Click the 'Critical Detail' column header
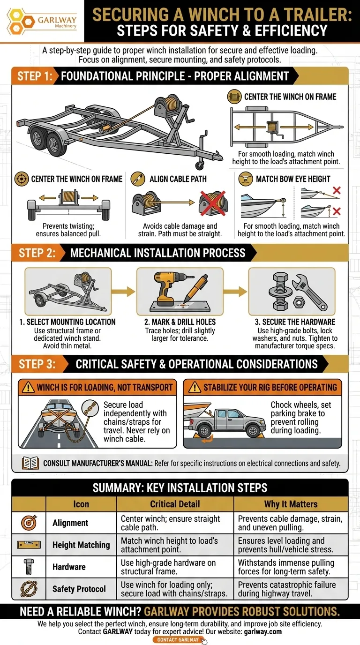click(x=175, y=504)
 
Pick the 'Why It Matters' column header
click(x=291, y=504)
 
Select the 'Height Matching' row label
click(x=81, y=545)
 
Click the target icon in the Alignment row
click(x=29, y=523)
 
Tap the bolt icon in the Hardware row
click(x=29, y=567)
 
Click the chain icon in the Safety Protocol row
click(x=29, y=589)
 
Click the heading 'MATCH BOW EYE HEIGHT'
click(x=292, y=179)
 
